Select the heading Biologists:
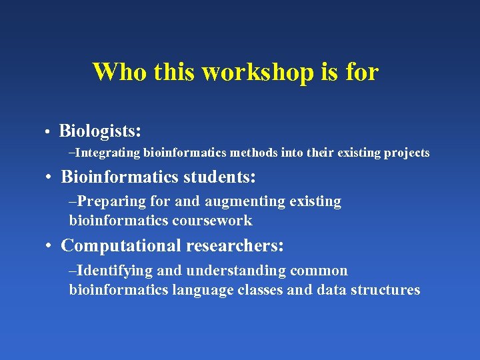[x=100, y=129]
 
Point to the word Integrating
[x=108, y=153]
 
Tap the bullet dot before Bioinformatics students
[x=49, y=177]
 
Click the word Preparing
[x=106, y=201]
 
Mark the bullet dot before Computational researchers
[x=49, y=246]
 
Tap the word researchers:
[x=235, y=245]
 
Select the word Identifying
[x=110, y=271]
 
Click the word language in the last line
[x=199, y=290]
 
